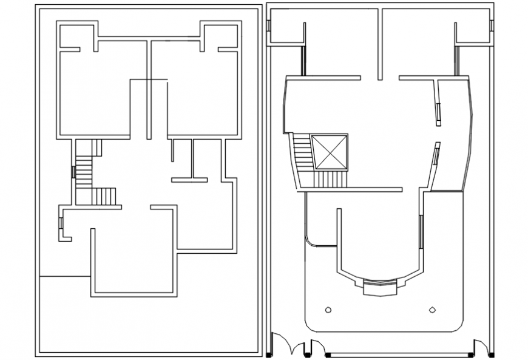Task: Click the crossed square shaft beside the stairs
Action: coord(330,152)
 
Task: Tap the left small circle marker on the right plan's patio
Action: coord(328,310)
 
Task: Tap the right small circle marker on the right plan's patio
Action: coord(432,310)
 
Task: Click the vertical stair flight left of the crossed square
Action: coord(302,153)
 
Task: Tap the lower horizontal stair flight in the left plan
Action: coord(104,197)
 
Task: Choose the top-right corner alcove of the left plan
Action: coord(220,36)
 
